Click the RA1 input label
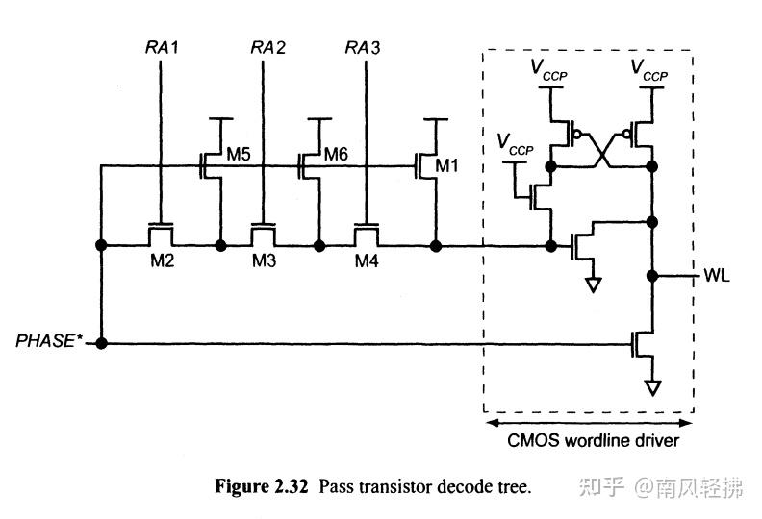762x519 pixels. tap(161, 47)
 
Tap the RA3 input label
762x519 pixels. tap(363, 47)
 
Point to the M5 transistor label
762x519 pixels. tap(238, 153)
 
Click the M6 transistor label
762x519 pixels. tap(336, 153)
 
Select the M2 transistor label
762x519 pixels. tap(161, 261)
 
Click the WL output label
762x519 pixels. tap(717, 277)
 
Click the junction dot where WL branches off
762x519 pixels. tap(653, 276)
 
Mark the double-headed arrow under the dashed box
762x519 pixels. tap(588, 422)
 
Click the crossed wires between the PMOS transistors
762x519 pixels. tap(601, 149)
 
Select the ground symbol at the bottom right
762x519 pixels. tap(653, 387)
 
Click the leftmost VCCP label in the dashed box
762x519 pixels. tap(515, 145)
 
